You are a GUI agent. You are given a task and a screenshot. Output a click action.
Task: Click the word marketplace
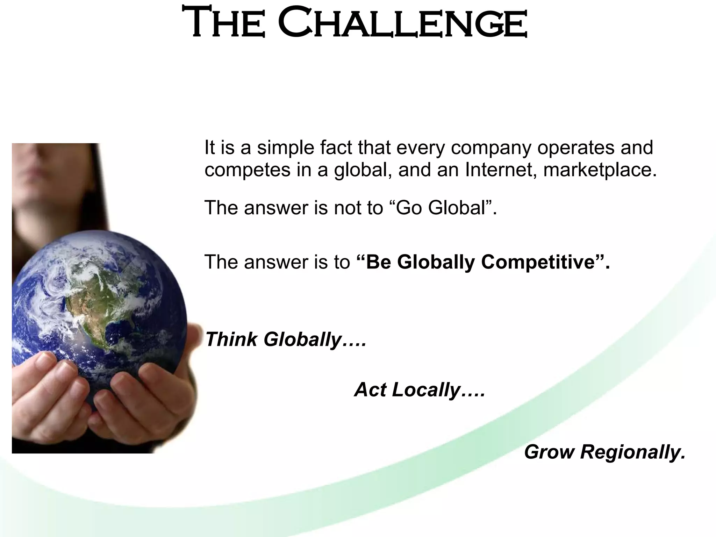coord(600,170)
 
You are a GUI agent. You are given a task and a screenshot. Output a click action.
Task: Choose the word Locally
coord(427,390)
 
